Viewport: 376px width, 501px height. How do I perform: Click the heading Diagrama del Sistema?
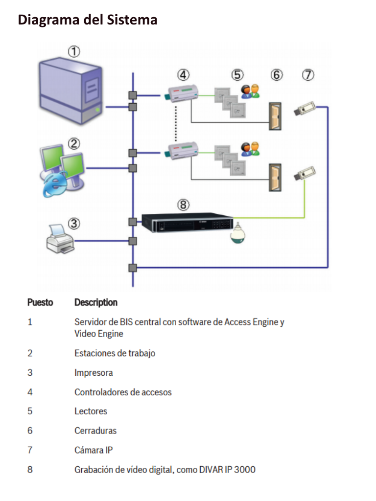(x=88, y=20)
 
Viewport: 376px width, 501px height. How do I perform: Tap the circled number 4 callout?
(x=183, y=75)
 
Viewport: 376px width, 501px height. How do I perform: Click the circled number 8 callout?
(x=183, y=205)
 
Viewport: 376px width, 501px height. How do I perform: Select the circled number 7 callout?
(x=308, y=75)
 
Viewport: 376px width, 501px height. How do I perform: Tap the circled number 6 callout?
(x=277, y=75)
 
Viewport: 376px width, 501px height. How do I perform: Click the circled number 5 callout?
(x=237, y=75)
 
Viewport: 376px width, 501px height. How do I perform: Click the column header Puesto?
(x=40, y=302)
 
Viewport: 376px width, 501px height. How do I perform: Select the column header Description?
(x=96, y=302)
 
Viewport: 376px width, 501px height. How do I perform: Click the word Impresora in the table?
(x=94, y=373)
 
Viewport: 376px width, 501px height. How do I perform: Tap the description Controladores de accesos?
(x=123, y=392)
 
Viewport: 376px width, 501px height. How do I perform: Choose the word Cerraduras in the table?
(x=95, y=431)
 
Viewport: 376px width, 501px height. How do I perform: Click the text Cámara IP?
(x=94, y=450)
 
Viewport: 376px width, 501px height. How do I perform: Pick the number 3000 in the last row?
(x=244, y=470)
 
